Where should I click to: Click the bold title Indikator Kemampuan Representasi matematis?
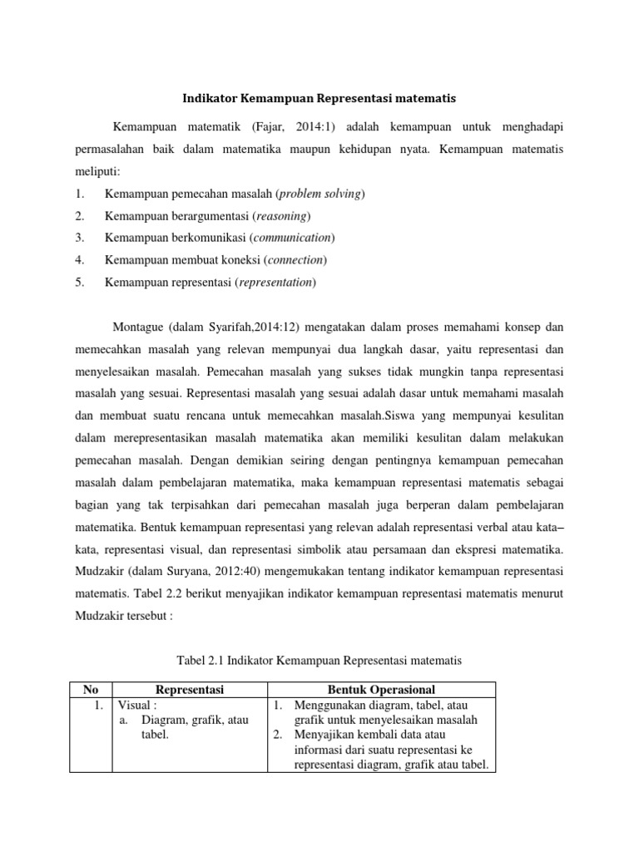click(x=319, y=98)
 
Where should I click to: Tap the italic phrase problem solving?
click(x=319, y=194)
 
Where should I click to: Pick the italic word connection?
click(x=295, y=260)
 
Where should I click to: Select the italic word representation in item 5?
click(x=276, y=283)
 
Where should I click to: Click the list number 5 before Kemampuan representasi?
click(x=78, y=283)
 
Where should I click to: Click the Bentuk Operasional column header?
click(x=382, y=689)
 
